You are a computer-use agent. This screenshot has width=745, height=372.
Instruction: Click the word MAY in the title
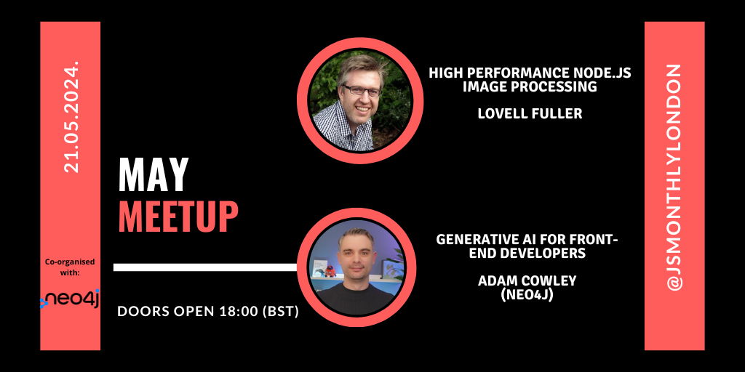(153, 175)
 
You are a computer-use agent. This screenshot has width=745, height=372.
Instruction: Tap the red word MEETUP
(178, 215)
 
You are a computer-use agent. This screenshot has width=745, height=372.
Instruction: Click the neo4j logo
(70, 298)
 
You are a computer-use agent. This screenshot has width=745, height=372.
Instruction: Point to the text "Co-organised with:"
(70, 267)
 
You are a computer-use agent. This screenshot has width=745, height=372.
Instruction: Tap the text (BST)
(280, 312)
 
